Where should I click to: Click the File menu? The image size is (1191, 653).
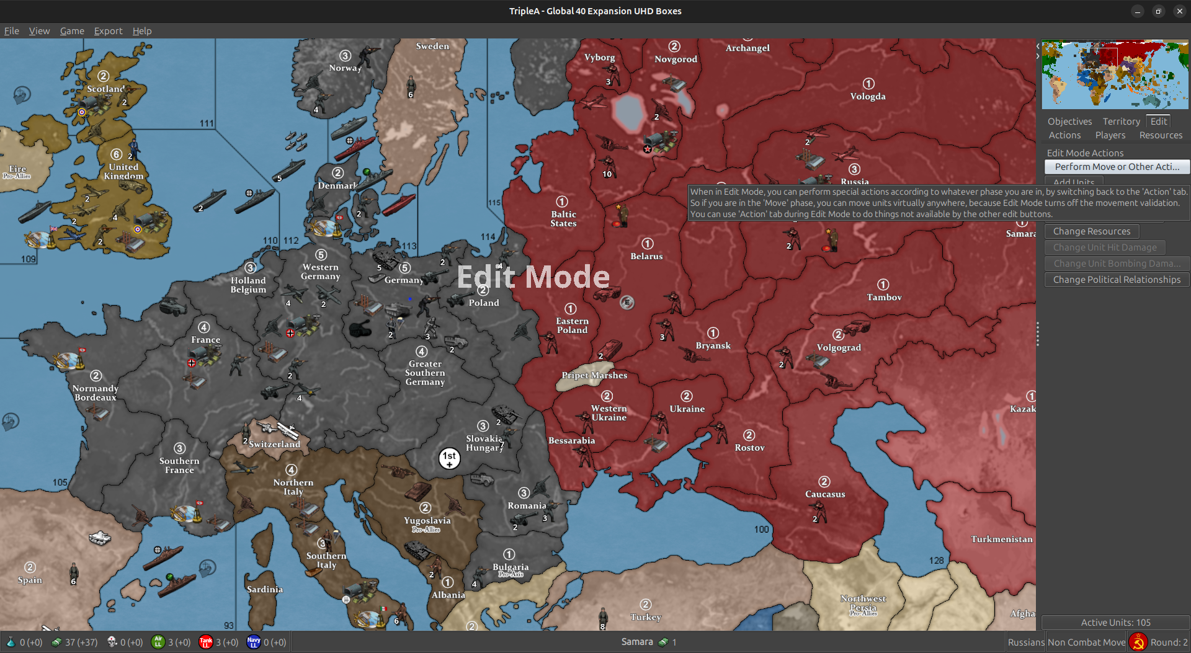pyautogui.click(x=12, y=31)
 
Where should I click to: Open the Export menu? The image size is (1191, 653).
pyautogui.click(x=108, y=31)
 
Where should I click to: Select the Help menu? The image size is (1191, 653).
pyautogui.click(x=141, y=31)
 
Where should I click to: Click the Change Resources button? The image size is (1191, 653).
pyautogui.click(x=1091, y=231)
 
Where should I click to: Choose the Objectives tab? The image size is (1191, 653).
pyautogui.click(x=1069, y=122)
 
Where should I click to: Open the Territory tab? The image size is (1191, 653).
pyautogui.click(x=1121, y=122)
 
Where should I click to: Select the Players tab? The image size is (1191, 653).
pyautogui.click(x=1110, y=135)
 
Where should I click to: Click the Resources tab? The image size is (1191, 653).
pyautogui.click(x=1161, y=135)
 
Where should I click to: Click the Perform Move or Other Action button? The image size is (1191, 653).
pyautogui.click(x=1117, y=167)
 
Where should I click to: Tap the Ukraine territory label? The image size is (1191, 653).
pyautogui.click(x=687, y=409)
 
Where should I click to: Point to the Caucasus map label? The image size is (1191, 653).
pyautogui.click(x=825, y=494)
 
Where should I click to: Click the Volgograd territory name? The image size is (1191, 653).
pyautogui.click(x=839, y=347)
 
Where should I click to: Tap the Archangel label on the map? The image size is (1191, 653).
pyautogui.click(x=747, y=48)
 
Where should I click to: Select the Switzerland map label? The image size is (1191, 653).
pyautogui.click(x=274, y=444)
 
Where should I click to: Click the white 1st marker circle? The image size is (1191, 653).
pyautogui.click(x=449, y=458)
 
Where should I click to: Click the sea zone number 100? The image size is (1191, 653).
pyautogui.click(x=761, y=529)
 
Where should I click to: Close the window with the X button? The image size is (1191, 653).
pyautogui.click(x=1179, y=11)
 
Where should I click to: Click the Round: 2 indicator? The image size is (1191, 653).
pyautogui.click(x=1169, y=642)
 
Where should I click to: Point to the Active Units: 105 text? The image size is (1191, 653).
pyautogui.click(x=1115, y=623)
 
